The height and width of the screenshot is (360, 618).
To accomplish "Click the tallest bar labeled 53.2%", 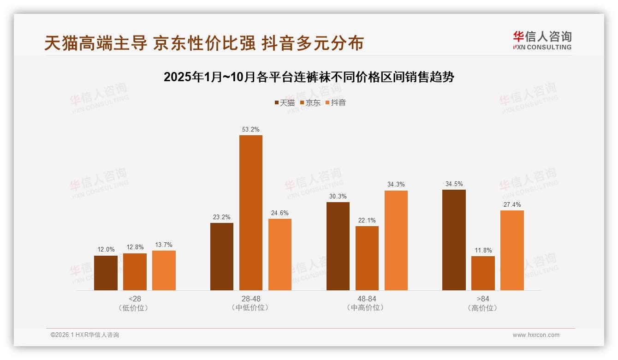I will (250, 212).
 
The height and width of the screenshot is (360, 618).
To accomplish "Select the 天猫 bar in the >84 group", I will (454, 240).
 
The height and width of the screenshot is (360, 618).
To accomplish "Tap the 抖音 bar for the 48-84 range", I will (396, 240).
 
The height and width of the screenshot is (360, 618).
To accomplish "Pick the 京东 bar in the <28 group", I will (135, 272).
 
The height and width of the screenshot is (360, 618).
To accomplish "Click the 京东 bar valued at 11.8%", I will (483, 273).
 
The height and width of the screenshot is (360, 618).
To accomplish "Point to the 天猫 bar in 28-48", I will (222, 257).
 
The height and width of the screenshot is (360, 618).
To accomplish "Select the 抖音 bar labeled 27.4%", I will (512, 250).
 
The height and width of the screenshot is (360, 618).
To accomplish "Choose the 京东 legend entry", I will (310, 102).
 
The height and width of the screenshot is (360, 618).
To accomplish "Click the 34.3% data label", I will (396, 185).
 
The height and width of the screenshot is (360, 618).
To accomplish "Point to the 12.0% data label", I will (106, 250).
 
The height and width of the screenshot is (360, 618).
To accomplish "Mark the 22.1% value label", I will (367, 220).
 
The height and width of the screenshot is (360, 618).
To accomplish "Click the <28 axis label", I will (135, 299).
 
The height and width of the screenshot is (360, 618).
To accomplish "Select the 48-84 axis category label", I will (367, 299).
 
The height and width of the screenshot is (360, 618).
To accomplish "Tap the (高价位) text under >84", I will (483, 308).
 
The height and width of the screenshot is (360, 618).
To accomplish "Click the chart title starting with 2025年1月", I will (309, 77).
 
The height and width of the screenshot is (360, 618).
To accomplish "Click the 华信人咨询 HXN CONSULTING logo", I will (542, 41).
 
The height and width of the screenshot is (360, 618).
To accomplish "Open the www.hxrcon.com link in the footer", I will (536, 335).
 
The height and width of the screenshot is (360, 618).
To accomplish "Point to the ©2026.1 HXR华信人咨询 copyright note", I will (85, 335).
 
